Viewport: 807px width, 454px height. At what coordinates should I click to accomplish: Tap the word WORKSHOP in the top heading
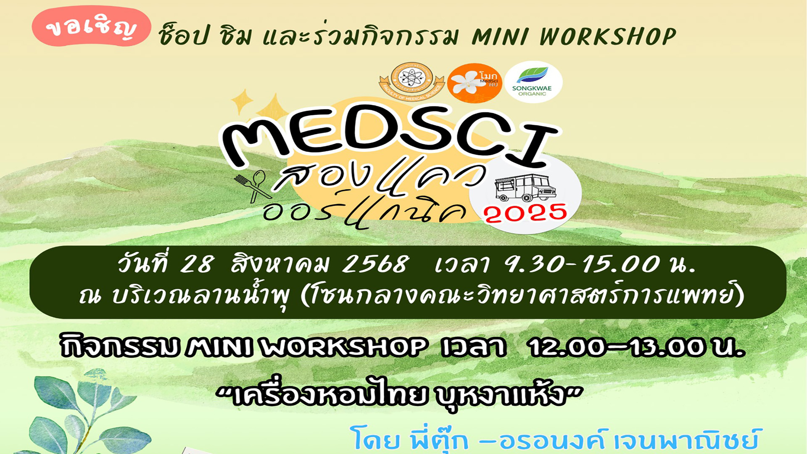(607, 37)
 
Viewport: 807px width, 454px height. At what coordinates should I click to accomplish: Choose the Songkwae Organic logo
(533, 82)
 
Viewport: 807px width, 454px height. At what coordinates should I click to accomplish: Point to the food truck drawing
(525, 187)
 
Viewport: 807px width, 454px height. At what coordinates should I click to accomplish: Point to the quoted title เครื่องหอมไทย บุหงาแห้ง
(399, 395)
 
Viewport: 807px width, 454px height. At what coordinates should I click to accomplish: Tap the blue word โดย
(375, 439)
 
